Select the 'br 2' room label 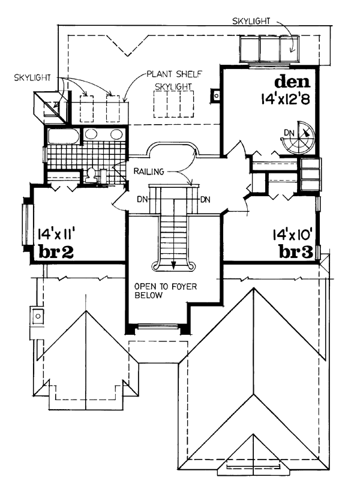[56, 252]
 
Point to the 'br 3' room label [296, 252]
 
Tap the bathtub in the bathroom [62, 137]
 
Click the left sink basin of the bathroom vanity [92, 134]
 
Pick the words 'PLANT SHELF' [173, 75]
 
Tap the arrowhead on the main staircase [173, 261]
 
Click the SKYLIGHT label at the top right [251, 22]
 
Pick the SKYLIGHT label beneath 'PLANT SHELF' [174, 87]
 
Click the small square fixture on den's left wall [214, 94]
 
